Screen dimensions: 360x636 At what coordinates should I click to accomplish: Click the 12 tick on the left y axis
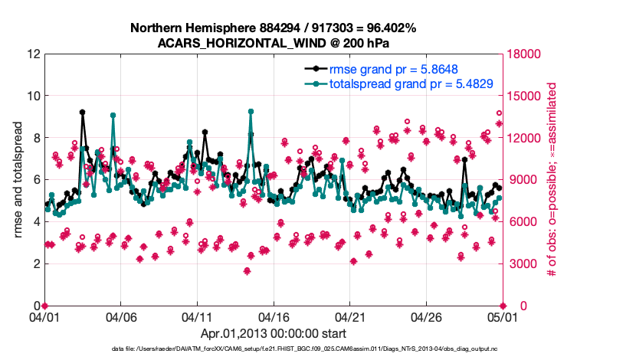(x=33, y=54)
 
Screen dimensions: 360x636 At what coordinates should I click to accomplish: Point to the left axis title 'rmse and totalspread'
(x=18, y=179)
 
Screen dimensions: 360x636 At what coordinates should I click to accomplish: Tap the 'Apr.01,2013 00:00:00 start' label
(x=273, y=333)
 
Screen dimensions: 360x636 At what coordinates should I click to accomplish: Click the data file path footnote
(x=317, y=349)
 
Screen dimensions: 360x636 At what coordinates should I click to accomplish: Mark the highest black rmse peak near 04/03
(x=82, y=112)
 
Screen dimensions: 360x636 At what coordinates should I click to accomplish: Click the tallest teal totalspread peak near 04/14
(x=251, y=111)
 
